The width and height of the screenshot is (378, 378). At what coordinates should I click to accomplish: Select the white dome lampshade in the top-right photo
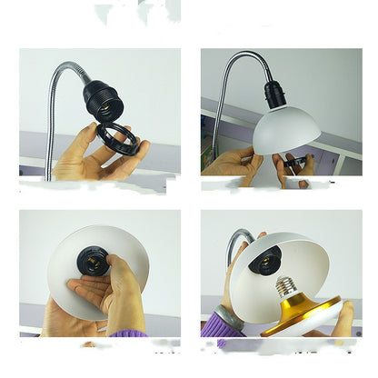285,128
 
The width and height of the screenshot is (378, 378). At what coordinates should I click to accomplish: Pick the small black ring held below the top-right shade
292,164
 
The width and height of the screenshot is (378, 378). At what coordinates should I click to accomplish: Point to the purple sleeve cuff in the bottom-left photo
127,333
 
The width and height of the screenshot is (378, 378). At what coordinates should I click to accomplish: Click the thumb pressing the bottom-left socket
115,269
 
